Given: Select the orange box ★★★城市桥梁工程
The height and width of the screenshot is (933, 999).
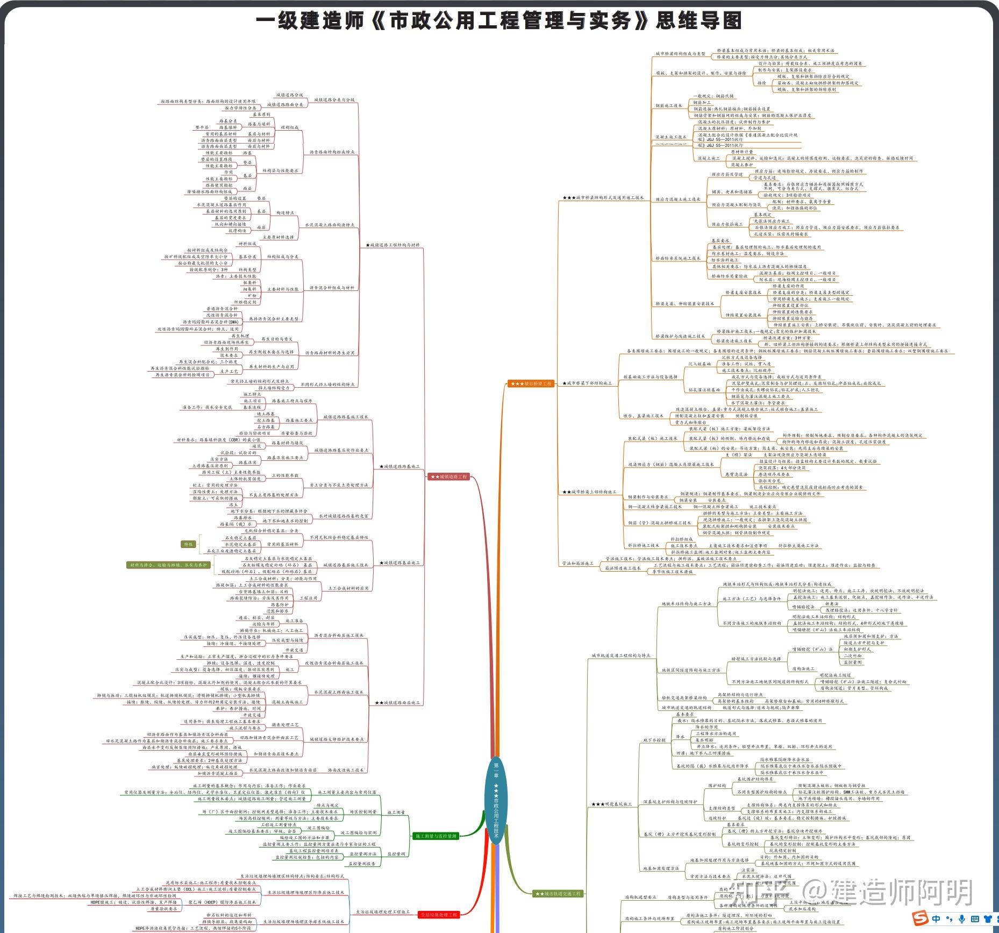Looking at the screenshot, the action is [x=531, y=383].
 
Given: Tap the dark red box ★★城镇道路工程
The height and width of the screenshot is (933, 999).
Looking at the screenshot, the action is [x=449, y=476].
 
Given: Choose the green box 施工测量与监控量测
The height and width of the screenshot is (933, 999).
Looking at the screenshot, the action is [x=436, y=836].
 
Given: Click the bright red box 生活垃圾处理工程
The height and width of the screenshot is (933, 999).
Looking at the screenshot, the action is [x=439, y=914].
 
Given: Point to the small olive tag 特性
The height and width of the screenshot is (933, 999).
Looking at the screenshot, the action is [x=188, y=544].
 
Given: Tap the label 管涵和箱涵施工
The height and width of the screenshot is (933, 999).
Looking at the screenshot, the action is [x=578, y=564].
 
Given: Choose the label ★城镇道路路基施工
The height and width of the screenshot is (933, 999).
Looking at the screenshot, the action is [x=399, y=466].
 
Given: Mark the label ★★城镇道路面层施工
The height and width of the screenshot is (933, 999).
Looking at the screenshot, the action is [x=397, y=702].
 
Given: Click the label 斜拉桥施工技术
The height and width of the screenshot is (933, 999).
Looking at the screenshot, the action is [x=643, y=545].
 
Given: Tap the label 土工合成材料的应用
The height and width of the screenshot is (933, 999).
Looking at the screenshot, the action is [x=348, y=588].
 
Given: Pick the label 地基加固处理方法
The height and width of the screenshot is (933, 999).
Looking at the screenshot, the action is [x=661, y=868].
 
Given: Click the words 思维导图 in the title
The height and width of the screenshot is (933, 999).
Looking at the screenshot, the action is [x=698, y=20].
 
